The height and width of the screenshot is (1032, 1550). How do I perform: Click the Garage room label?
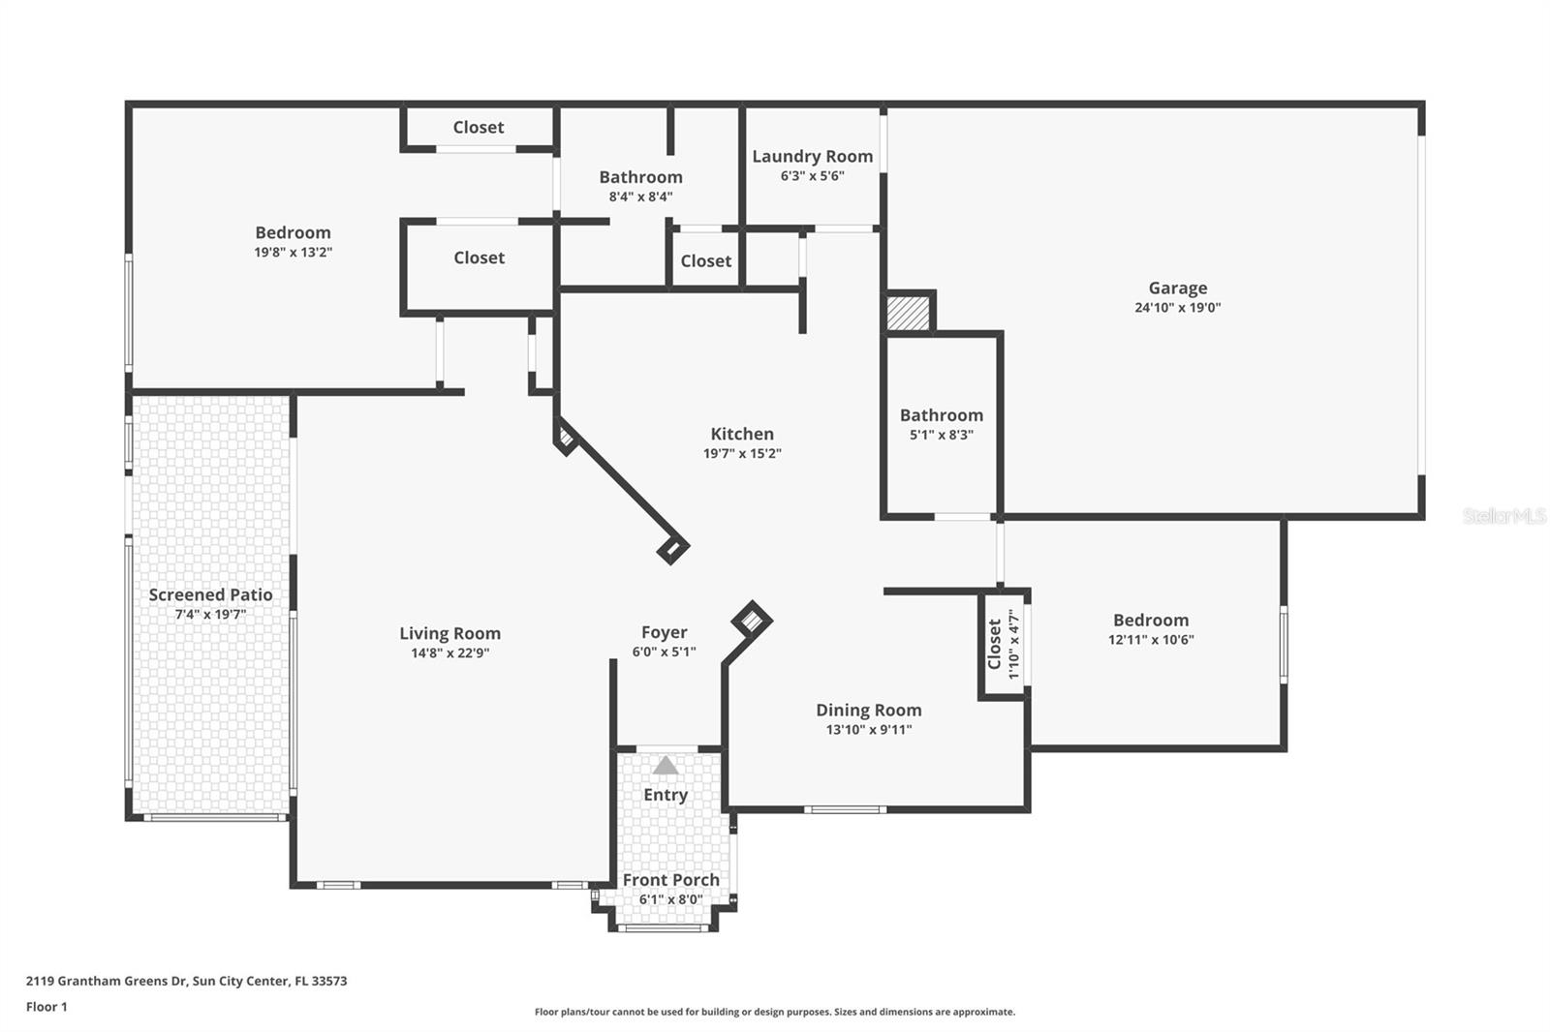1178,288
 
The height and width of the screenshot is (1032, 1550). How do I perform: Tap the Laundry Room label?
813,156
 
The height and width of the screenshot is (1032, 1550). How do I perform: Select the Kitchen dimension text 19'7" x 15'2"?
742,454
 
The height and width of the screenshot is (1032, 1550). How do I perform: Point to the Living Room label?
449,633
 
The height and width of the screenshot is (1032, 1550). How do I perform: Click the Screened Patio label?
210,594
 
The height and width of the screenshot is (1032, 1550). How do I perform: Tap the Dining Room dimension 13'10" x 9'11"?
868,730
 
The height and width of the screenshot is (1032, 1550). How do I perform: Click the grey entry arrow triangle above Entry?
666,765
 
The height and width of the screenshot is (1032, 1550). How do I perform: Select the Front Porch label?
670,880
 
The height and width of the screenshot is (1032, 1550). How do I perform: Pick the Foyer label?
665,632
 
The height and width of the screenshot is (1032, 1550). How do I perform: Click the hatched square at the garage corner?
908,314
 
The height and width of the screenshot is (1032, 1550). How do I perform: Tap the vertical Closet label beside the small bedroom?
994,644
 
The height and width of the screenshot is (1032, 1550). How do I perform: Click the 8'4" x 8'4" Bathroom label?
640,177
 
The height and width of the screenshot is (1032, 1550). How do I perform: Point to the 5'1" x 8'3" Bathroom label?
941,415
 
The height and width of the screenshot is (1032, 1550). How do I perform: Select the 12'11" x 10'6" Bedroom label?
1151,620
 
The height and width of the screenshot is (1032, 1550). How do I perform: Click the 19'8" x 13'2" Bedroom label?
293,232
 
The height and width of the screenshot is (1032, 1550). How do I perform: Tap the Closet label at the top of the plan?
479,127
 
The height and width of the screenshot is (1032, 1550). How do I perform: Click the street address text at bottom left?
187,981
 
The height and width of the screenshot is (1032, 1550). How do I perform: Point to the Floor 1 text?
47,1007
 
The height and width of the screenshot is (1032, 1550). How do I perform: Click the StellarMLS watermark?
1504,515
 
